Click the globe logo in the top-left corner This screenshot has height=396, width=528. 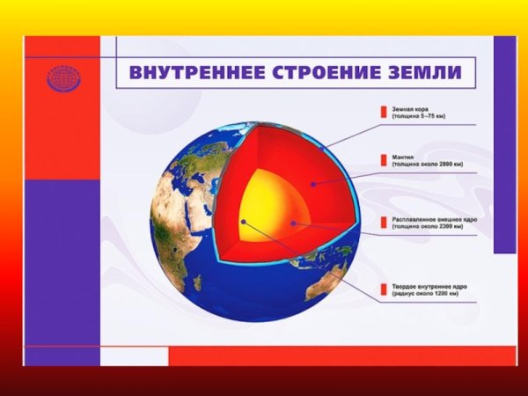(62, 77)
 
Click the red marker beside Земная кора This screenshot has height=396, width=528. (382, 112)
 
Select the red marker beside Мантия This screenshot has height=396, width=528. (382, 160)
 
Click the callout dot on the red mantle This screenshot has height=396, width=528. (314, 184)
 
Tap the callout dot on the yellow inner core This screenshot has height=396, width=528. (244, 223)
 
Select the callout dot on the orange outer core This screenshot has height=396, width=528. (292, 224)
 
